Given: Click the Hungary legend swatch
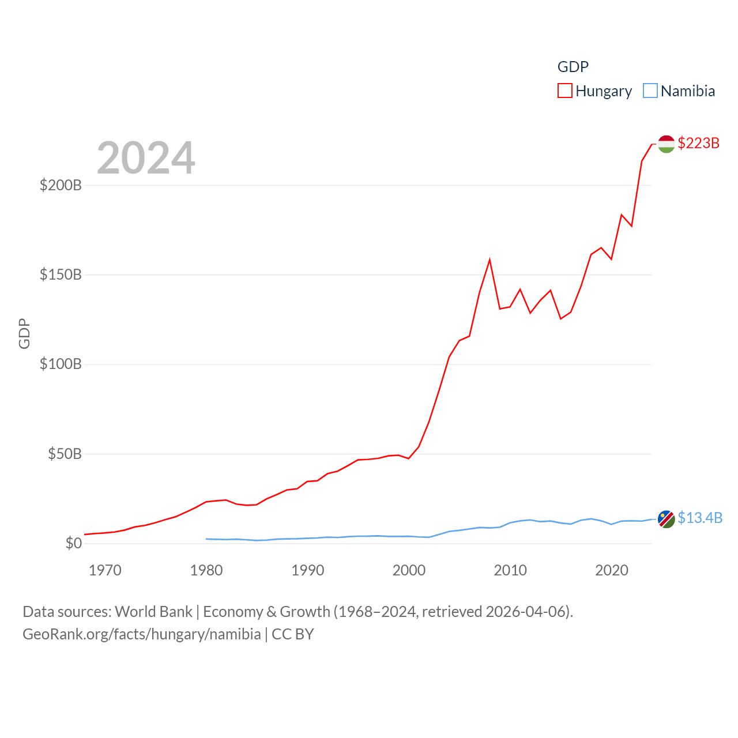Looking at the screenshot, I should point(565,91).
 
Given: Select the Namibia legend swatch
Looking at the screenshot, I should point(650,91).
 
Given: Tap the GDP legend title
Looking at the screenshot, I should point(573,67).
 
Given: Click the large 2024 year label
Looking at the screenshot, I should point(146,158).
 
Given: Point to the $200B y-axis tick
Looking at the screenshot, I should point(61,185).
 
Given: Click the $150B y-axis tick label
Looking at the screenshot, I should point(61,274).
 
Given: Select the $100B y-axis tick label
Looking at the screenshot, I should point(61,364).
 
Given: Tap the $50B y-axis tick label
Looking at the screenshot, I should point(65,454).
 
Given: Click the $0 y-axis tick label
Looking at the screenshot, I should point(73,543).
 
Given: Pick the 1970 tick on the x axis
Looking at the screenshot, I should point(105,571).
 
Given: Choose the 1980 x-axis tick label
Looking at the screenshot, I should point(206,571).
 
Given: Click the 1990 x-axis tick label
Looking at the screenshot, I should point(308,571).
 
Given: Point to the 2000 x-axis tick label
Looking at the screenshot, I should point(409,571).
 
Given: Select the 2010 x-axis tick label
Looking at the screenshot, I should point(510,571).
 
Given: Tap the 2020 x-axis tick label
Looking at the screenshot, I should point(612,571).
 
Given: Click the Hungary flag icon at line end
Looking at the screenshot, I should point(666,144).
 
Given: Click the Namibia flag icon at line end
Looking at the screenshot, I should point(666,519).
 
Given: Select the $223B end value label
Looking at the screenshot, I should point(698,143).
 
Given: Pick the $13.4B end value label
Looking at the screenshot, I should point(699,518).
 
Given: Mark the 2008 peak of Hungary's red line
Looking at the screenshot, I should point(490,260).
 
